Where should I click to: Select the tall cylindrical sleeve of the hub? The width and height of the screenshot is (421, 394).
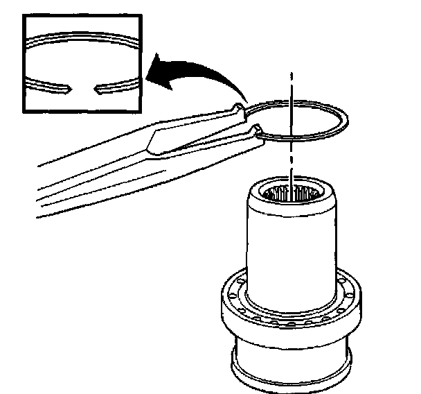[291, 250]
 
